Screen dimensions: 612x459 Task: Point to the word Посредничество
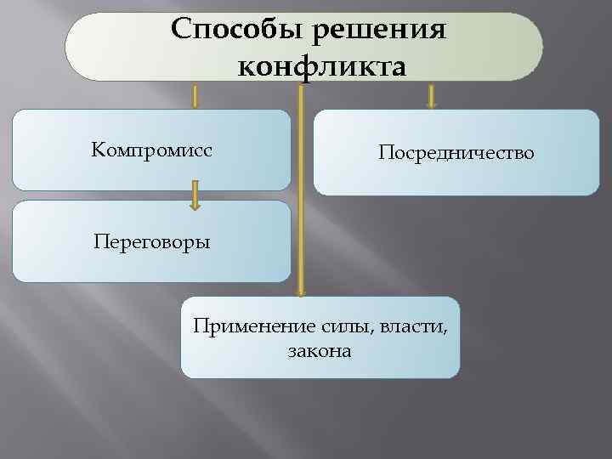pyautogui.click(x=456, y=153)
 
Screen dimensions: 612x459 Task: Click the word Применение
pyautogui.click(x=241, y=326)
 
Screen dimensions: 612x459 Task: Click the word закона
pyautogui.click(x=320, y=349)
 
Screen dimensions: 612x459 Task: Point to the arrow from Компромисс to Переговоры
pyautogui.click(x=195, y=195)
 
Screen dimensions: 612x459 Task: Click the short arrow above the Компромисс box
pyautogui.click(x=195, y=95)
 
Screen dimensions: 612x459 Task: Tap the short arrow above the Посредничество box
pyautogui.click(x=431, y=95)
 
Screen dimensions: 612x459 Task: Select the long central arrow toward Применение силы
pyautogui.click(x=300, y=187)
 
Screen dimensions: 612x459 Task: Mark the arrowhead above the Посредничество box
pyautogui.click(x=431, y=105)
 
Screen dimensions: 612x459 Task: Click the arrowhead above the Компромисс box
pyautogui.click(x=195, y=105)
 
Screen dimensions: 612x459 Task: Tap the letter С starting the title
pyautogui.click(x=181, y=29)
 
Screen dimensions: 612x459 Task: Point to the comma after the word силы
pyautogui.click(x=374, y=331)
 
